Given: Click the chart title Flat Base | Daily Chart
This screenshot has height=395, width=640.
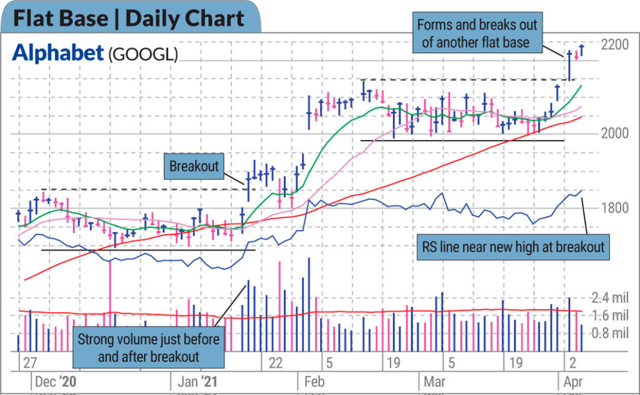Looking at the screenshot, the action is [x=129, y=19].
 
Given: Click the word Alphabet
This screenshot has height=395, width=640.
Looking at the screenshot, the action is [x=58, y=53].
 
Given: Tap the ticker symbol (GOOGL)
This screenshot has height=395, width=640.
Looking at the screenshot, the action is [x=143, y=54].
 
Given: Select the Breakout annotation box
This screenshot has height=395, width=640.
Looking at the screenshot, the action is [x=194, y=166].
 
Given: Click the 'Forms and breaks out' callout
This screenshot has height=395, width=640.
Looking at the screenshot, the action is [x=477, y=32].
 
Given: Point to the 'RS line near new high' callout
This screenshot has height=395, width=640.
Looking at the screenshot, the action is [x=513, y=247].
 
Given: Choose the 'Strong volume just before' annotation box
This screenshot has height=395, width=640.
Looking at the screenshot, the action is [x=149, y=347].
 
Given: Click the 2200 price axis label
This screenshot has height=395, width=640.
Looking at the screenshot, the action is [x=615, y=44].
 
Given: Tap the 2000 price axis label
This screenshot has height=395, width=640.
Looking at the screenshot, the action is [x=615, y=133].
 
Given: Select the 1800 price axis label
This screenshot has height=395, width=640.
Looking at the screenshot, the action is [x=615, y=207].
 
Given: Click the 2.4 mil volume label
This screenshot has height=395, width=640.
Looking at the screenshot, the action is [x=610, y=298].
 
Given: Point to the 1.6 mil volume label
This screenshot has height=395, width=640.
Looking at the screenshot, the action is [x=610, y=316].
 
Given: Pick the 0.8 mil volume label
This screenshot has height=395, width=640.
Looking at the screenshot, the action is [x=610, y=333].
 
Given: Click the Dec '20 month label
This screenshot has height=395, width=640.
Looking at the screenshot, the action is [x=56, y=381].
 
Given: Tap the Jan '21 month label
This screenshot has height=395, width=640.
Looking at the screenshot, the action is [x=197, y=381].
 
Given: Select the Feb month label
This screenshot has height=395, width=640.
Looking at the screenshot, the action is [x=314, y=381].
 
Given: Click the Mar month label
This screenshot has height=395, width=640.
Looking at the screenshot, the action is [x=434, y=381].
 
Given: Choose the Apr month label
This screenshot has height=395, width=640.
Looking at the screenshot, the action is [x=573, y=381].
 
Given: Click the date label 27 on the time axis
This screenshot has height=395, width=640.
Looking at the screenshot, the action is [x=30, y=362].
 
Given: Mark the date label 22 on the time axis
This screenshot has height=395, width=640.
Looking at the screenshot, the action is [x=276, y=362].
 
